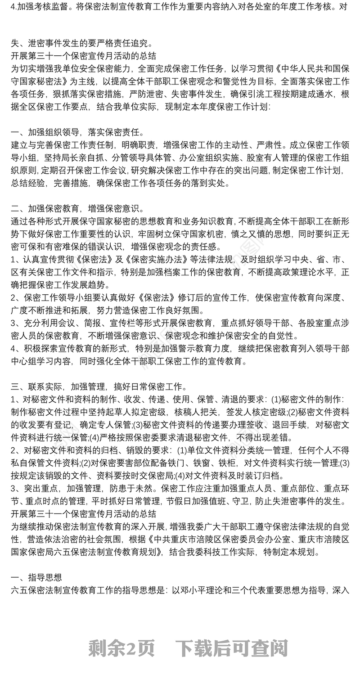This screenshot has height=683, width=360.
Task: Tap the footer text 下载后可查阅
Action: [x=231, y=648]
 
